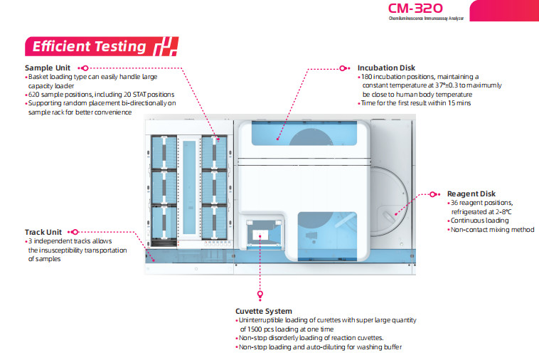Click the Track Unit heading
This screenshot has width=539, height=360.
pos(44,232)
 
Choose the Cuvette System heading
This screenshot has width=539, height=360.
pos(263,311)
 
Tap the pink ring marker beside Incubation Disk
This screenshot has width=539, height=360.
pos(346,68)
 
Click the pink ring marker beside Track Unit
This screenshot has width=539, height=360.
pos(75,232)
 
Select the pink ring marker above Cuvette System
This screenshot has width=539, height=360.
pos(260,293)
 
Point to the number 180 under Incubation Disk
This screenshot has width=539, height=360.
pos(368,77)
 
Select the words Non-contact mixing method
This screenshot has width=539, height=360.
pos(492,230)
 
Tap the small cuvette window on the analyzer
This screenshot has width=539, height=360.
pos(260,235)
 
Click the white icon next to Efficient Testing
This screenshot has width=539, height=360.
pos(164,46)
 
